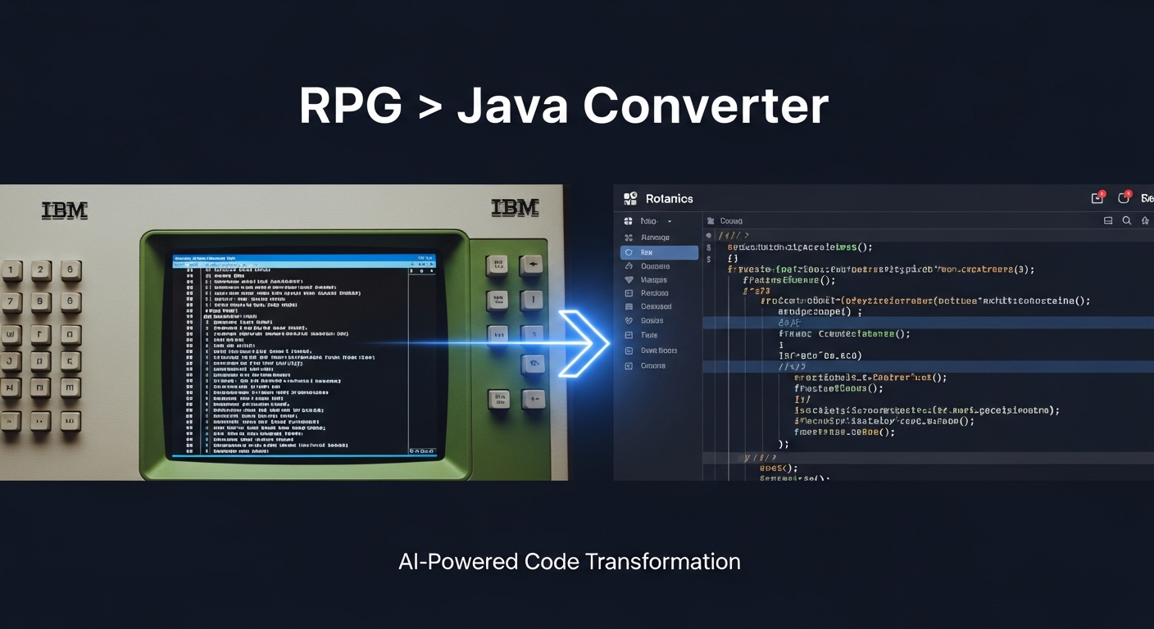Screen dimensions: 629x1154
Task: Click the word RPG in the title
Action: point(351,106)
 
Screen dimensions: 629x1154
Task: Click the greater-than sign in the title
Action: point(429,107)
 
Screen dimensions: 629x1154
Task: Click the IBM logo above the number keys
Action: point(64,210)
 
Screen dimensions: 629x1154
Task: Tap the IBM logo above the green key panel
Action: point(515,208)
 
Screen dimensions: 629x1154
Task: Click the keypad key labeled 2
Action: point(41,270)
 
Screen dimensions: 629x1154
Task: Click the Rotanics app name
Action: point(669,199)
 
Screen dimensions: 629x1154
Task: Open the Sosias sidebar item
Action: point(652,321)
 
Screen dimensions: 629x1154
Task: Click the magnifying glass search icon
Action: point(1127,221)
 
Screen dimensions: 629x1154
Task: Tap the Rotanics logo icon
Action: point(630,199)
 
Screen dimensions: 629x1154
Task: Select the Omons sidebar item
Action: point(652,366)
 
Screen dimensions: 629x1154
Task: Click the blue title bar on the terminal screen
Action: point(304,260)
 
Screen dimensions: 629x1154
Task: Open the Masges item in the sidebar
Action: point(653,280)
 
